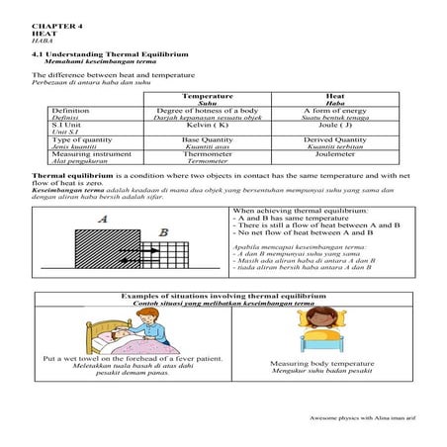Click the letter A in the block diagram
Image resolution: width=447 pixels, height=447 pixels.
pyautogui.click(x=102, y=221)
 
